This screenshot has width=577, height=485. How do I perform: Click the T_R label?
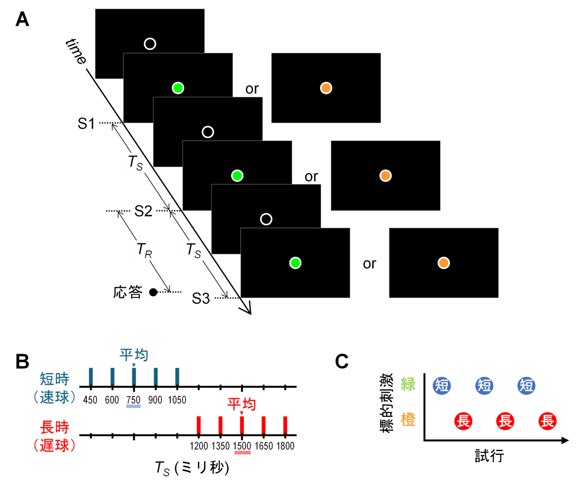[145, 250]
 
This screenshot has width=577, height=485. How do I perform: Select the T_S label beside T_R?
[194, 250]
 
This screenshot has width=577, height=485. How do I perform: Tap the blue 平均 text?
[134, 354]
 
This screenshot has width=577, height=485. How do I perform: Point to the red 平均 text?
[242, 404]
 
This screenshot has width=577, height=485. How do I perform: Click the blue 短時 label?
[55, 379]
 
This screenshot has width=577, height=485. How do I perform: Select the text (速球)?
[54, 397]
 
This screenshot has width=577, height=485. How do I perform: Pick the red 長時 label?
[55, 427]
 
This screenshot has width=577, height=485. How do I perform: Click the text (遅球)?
[54, 446]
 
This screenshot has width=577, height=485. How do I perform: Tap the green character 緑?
[408, 384]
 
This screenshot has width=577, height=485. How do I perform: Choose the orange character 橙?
[408, 419]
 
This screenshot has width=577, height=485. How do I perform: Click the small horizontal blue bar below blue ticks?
[133, 406]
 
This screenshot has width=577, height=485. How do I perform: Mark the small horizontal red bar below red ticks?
[243, 453]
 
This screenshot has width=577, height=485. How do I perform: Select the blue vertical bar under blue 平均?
[134, 376]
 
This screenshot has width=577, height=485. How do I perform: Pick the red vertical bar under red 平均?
[242, 425]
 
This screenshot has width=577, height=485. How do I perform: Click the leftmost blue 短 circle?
[442, 386]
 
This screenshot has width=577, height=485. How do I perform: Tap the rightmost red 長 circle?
[547, 421]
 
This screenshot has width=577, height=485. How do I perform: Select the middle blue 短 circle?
[484, 386]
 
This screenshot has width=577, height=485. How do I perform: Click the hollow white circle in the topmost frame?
[150, 44]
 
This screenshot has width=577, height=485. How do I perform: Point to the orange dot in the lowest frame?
[444, 263]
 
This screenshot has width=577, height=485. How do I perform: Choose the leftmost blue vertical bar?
[91, 376]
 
